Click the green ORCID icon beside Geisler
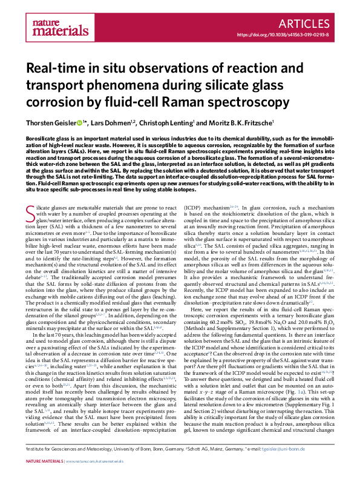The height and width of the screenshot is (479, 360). [x=79, y=124]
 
